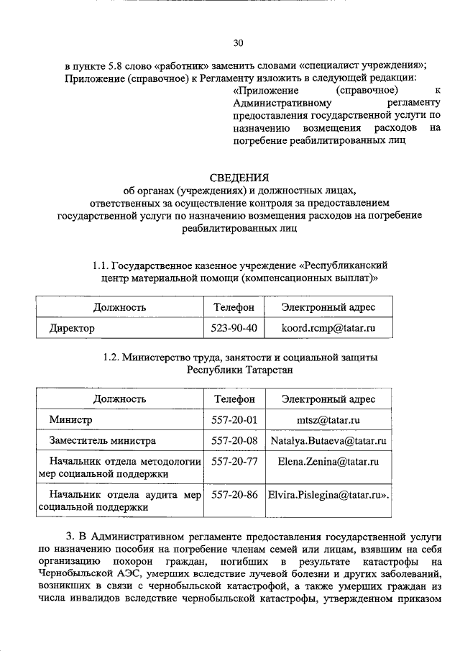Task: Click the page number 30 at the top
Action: [239, 42]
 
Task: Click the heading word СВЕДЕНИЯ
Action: [239, 177]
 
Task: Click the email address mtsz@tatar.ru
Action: [328, 419]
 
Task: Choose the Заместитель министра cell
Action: [102, 440]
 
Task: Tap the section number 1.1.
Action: [103, 264]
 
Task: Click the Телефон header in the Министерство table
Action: [234, 399]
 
